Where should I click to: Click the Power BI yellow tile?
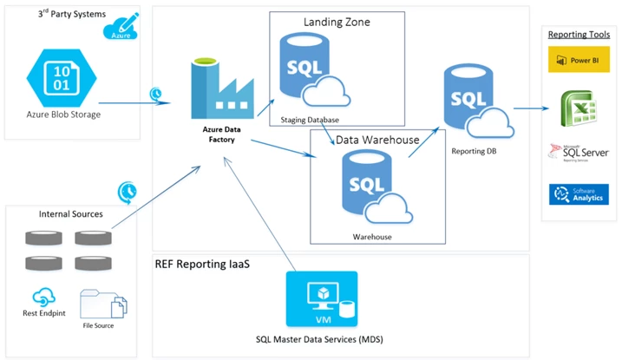579,61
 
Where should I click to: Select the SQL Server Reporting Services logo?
578,154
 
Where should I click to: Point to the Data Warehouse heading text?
377,139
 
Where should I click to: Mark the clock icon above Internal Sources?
127,190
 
